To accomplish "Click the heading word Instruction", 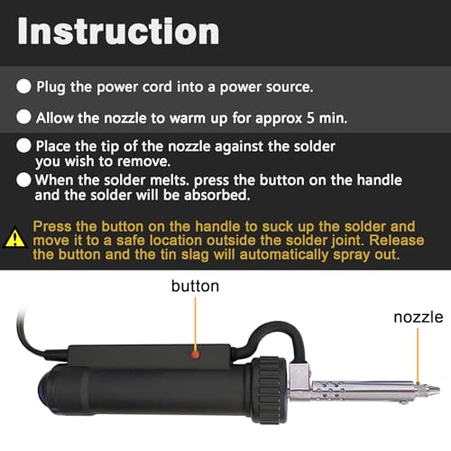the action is pyautogui.click(x=118, y=32).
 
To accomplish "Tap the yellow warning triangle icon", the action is pyautogui.click(x=15, y=238).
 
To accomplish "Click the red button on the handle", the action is pyautogui.click(x=196, y=355).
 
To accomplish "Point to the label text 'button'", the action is pyautogui.click(x=195, y=286).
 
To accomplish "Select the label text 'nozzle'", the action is pyautogui.click(x=419, y=318).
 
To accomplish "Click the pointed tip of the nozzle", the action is pyautogui.click(x=439, y=391).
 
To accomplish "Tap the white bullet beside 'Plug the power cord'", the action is pyautogui.click(x=23, y=87).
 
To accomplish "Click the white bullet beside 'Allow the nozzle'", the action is pyautogui.click(x=23, y=116).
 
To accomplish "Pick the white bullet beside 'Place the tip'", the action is pyautogui.click(x=23, y=146).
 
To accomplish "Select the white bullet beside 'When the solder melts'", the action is pyautogui.click(x=23, y=179).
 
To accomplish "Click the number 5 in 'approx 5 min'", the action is pyautogui.click(x=310, y=118).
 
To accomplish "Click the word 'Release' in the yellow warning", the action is pyautogui.click(x=397, y=240).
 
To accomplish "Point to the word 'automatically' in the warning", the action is pyautogui.click(x=284, y=255).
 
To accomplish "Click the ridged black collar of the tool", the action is pyautogui.click(x=270, y=390).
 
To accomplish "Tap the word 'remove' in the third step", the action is pyautogui.click(x=143, y=161).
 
